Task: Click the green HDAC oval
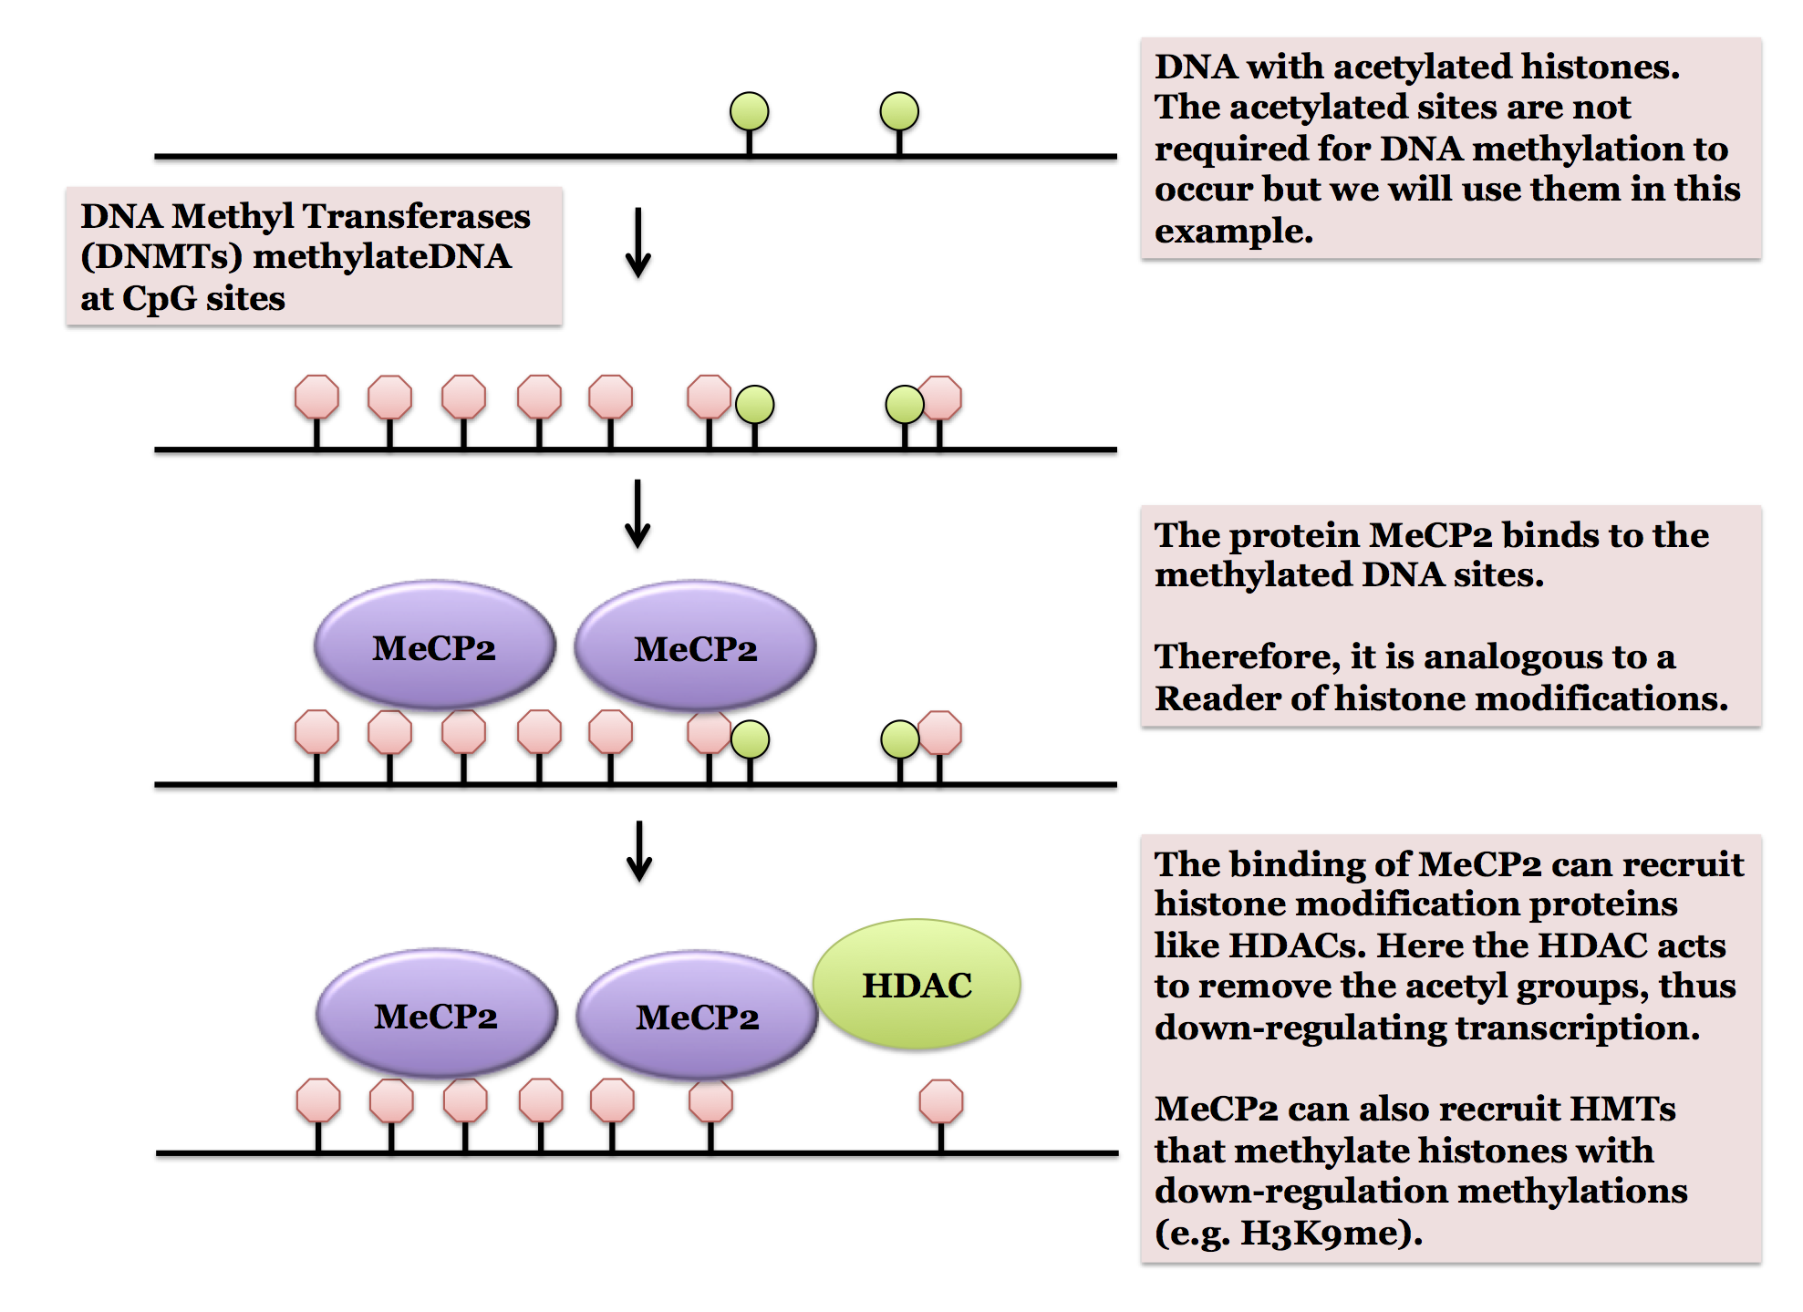[x=917, y=984]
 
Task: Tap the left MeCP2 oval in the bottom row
[x=436, y=1015]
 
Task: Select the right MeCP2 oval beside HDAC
[x=698, y=1016]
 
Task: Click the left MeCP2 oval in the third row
[x=434, y=646]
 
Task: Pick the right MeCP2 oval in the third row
[x=696, y=647]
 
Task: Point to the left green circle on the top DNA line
[x=750, y=111]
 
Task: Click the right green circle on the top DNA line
[x=899, y=111]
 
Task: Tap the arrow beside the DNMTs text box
[x=638, y=243]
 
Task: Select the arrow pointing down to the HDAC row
[x=640, y=851]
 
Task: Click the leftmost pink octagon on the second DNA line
[x=316, y=397]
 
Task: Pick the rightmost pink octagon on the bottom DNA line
[x=941, y=1101]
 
